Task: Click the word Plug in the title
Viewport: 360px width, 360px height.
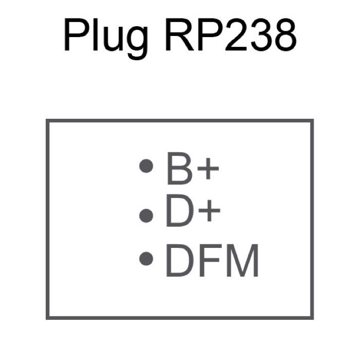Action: [x=105, y=39]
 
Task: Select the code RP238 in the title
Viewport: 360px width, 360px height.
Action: [x=231, y=34]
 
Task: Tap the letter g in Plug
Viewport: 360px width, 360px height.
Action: [x=137, y=43]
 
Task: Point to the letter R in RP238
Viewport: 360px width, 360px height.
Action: [x=181, y=34]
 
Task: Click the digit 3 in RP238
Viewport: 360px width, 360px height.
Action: [x=258, y=35]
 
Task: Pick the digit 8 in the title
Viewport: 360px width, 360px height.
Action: [x=284, y=35]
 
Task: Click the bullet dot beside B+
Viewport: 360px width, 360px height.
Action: [x=146, y=166]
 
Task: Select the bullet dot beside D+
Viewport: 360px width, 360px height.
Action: [x=146, y=215]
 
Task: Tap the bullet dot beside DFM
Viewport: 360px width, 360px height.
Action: [x=146, y=259]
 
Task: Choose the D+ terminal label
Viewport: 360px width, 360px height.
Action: [x=193, y=211]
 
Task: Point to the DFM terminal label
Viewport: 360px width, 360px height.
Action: [x=212, y=260]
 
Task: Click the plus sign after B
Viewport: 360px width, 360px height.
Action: [x=208, y=169]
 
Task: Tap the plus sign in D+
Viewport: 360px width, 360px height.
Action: [x=209, y=211]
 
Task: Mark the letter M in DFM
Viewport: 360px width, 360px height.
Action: [x=243, y=261]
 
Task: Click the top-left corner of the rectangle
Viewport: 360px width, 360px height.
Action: [x=47, y=120]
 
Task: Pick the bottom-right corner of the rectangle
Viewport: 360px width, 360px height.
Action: [x=312, y=318]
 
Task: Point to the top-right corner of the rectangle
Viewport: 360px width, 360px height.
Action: [x=312, y=120]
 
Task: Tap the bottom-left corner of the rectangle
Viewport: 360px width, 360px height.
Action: [x=47, y=318]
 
